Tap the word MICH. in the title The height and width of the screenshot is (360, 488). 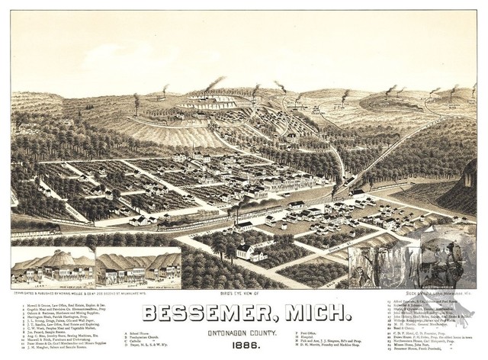[313, 313]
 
